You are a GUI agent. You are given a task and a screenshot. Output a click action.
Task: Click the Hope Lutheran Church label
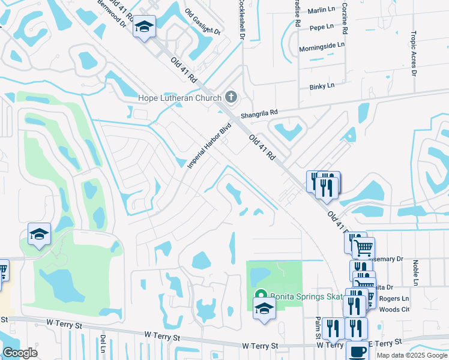(x=179, y=98)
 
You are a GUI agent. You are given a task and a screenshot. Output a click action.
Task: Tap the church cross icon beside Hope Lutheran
(x=231, y=97)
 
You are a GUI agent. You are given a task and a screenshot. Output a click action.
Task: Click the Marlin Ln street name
(x=321, y=10)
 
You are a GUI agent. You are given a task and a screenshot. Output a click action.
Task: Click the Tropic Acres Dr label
(x=414, y=54)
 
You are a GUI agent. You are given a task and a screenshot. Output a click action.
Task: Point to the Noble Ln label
(x=415, y=273)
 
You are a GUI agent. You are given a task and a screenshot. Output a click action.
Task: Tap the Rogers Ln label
(x=397, y=298)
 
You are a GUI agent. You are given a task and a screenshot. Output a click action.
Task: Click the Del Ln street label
(x=103, y=344)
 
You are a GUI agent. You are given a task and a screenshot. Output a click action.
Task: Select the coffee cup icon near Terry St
(x=357, y=351)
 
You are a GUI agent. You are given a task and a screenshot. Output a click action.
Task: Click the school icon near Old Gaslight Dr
(x=144, y=27)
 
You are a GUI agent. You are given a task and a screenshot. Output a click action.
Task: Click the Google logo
(x=20, y=353)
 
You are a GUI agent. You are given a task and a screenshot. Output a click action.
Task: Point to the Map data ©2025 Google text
(x=411, y=355)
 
